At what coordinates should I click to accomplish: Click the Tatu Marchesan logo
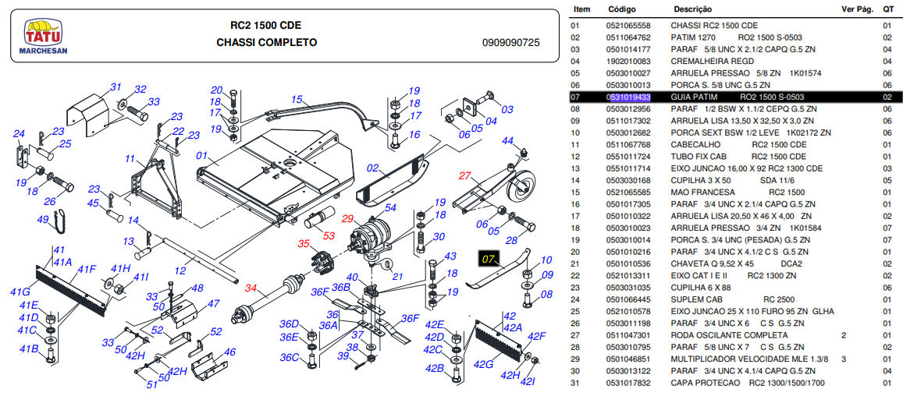pos(46,36)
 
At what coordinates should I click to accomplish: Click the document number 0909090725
pos(511,43)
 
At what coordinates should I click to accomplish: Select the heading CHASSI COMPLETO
pos(267,42)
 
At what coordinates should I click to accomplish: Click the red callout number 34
pos(251,288)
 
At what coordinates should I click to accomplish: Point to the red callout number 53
pos(329,235)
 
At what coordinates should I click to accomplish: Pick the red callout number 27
pos(466,175)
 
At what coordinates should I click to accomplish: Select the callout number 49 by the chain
pos(43,220)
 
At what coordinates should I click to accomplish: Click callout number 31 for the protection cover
pos(116,87)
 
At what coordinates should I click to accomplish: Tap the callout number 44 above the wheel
pos(507,140)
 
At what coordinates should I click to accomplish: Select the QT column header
pos(888,9)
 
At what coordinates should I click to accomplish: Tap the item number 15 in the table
pos(576,193)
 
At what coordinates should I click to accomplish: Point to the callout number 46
pos(229,352)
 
